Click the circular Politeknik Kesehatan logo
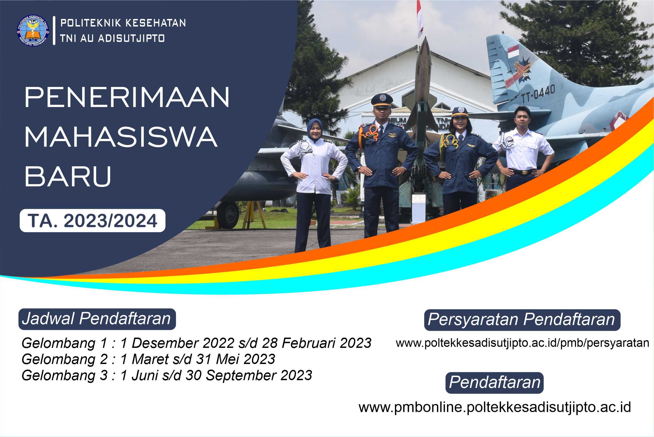[33, 30]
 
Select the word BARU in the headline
[68, 177]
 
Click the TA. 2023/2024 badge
[92, 221]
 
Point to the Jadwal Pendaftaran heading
[97, 319]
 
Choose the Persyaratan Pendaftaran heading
[522, 320]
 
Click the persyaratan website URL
[523, 343]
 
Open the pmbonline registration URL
[495, 407]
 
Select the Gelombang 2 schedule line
[148, 359]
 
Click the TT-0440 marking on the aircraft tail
[538, 94]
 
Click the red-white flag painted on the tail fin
[513, 52]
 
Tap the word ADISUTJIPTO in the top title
[131, 38]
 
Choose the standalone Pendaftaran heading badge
[494, 382]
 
